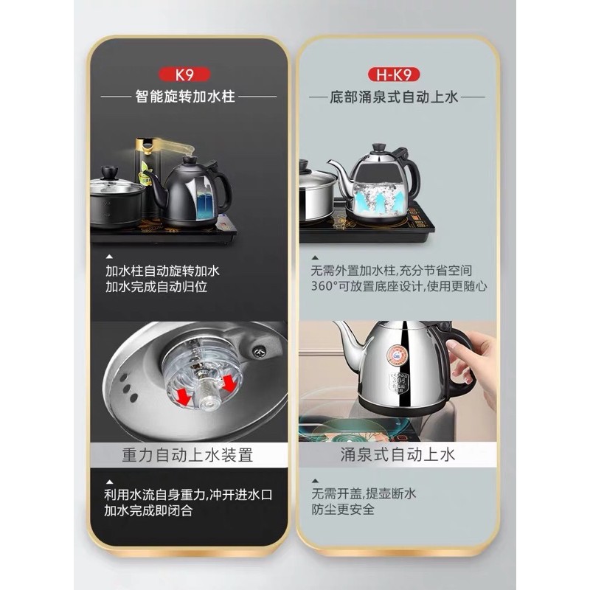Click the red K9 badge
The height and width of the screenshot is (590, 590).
click(184, 74)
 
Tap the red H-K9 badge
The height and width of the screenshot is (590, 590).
click(394, 74)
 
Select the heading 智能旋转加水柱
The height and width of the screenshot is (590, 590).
click(185, 97)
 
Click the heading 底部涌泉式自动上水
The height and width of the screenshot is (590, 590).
click(394, 97)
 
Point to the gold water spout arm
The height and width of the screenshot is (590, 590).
click(173, 145)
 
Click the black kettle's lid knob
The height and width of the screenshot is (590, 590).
click(189, 159)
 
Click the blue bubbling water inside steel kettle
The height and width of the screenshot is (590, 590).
click(379, 198)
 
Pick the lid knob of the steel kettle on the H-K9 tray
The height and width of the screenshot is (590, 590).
click(379, 147)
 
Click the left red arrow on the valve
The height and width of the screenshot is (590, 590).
click(183, 397)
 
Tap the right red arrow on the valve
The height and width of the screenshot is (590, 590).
click(229, 383)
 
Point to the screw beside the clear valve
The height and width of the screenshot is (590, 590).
click(259, 352)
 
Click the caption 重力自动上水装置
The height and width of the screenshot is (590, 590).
click(187, 454)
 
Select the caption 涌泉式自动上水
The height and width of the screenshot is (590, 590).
click(398, 454)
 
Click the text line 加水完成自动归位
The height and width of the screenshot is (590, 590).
click(156, 287)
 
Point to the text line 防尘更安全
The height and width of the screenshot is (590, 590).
click(343, 510)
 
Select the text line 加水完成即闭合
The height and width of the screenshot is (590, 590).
click(148, 510)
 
